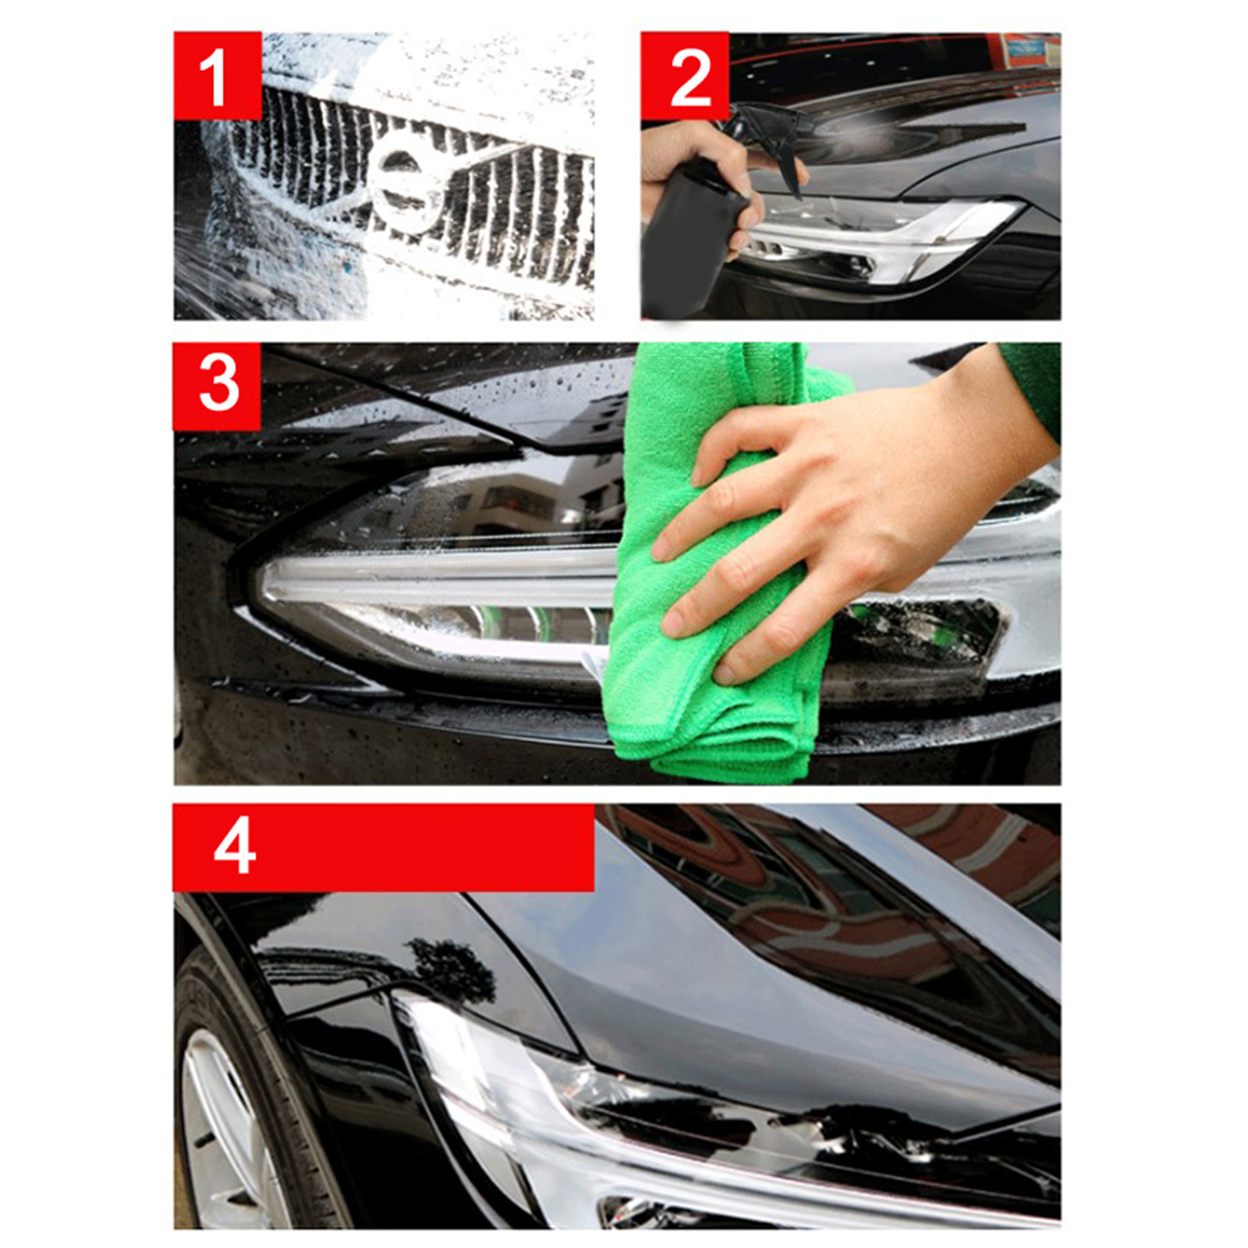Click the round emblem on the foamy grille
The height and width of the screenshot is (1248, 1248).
click(x=404, y=185)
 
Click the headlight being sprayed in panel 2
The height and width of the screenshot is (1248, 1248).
click(x=881, y=238)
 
